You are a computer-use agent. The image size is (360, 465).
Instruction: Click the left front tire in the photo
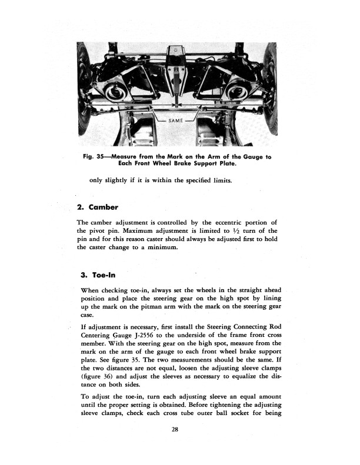pyautogui.click(x=83, y=88)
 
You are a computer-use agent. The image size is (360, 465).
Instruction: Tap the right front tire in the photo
pyautogui.click(x=271, y=88)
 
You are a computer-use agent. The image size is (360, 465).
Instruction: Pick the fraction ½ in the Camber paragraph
pyautogui.click(x=218, y=230)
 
